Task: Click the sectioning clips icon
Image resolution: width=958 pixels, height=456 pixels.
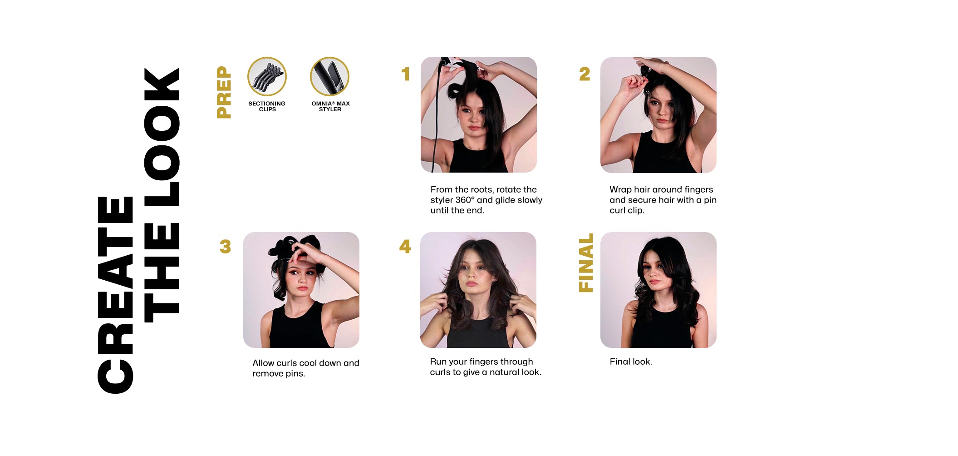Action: [267, 76]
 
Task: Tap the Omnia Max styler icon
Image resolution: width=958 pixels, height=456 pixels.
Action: [329, 76]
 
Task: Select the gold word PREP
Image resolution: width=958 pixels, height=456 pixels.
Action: [224, 92]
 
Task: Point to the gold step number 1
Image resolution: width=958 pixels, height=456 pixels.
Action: [406, 74]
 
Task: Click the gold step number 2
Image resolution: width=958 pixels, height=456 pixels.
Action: [585, 74]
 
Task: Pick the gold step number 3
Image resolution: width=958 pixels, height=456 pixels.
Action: [225, 247]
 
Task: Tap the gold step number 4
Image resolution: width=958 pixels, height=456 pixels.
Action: [405, 246]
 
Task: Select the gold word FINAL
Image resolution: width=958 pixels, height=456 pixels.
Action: [586, 263]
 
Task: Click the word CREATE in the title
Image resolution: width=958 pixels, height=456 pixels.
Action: [115, 295]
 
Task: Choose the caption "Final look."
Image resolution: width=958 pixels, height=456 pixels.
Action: [631, 362]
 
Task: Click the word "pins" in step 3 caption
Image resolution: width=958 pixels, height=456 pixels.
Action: [295, 374]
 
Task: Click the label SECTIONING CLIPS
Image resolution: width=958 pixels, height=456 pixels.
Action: [267, 106]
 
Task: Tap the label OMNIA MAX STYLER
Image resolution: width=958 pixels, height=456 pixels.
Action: [330, 106]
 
